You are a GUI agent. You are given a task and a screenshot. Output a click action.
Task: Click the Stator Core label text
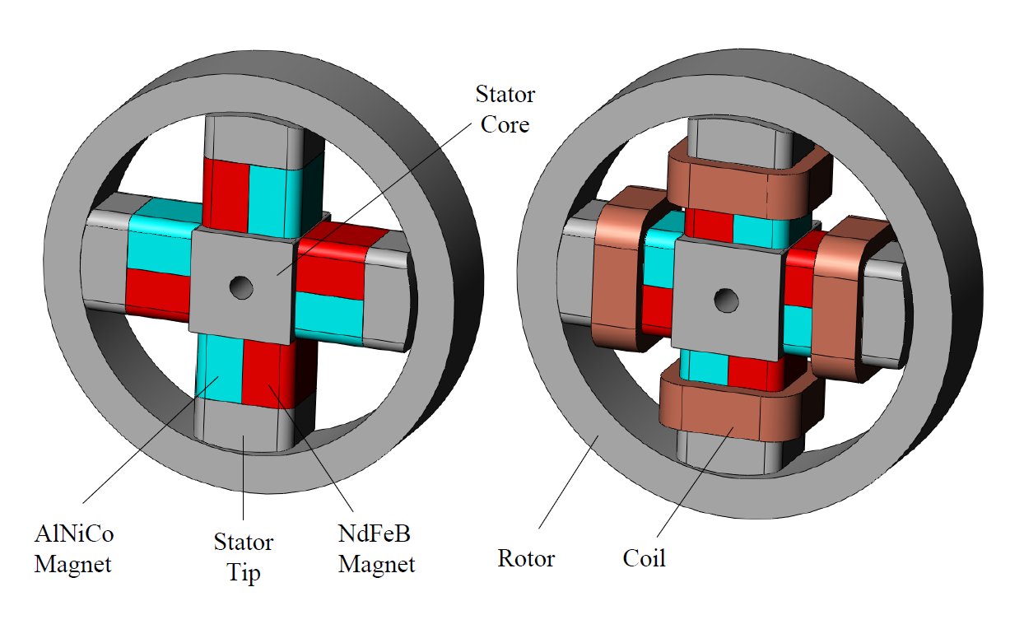point(505,110)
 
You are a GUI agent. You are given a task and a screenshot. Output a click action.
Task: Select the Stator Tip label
point(244,557)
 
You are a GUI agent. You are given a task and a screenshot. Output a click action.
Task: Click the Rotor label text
point(526,559)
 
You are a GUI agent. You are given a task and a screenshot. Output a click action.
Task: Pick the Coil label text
point(644,559)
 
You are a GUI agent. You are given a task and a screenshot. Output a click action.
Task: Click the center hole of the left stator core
point(242,287)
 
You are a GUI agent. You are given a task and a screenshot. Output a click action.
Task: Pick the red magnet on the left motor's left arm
point(156,292)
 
